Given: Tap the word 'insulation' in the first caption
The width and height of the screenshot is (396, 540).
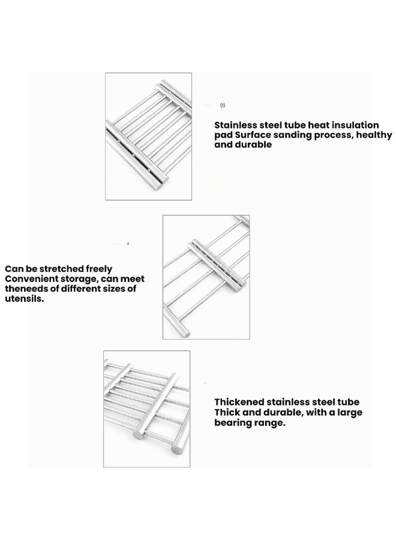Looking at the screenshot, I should tap(354, 125).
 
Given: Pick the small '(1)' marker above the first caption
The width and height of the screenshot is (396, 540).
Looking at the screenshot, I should tap(223, 105).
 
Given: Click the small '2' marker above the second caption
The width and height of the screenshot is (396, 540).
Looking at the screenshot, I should tap(128, 244).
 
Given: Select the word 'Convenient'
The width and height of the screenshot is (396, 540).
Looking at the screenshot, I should tap(31, 280).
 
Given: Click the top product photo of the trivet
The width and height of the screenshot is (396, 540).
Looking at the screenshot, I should tap(148, 136).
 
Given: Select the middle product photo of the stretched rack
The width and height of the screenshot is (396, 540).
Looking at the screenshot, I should tap(206, 277).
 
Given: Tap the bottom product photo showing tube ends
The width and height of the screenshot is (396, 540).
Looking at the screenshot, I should tap(146, 409).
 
